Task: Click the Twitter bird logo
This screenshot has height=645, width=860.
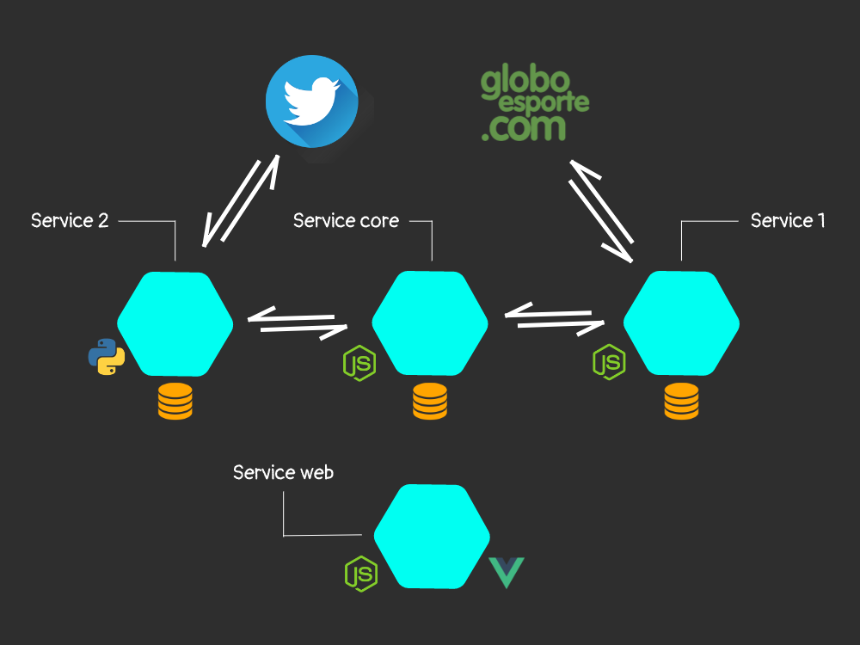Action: point(312,101)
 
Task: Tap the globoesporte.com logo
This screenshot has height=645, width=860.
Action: point(535,105)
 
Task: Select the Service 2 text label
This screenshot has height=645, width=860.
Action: point(70,220)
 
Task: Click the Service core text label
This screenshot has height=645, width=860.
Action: point(346,220)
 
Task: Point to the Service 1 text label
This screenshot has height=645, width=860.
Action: point(788,220)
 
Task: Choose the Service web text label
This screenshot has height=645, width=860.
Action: point(283,472)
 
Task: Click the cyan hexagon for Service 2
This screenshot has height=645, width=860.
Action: point(175,324)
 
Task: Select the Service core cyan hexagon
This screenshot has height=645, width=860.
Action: point(430,323)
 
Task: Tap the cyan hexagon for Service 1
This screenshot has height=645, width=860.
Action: point(681,323)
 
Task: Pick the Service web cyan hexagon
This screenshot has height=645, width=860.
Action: point(433,537)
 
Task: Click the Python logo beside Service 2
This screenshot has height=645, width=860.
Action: point(107,357)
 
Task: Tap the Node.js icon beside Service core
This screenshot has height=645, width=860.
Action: point(359,363)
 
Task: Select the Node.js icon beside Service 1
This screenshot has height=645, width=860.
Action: point(610,362)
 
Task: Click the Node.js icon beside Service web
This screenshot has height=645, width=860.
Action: point(361,574)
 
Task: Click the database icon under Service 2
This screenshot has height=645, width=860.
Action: point(175,402)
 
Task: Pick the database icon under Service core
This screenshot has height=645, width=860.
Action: point(430,402)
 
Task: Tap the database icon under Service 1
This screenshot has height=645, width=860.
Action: point(681,402)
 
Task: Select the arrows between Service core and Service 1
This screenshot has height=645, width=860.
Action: point(555,319)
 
